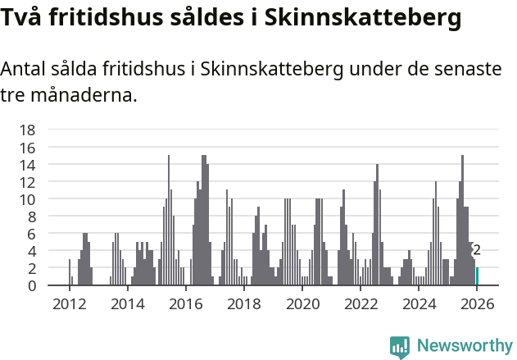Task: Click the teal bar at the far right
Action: [477, 276]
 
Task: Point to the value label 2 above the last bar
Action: [477, 251]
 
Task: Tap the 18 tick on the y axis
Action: [27, 130]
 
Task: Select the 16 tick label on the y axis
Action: [27, 148]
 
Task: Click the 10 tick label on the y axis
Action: [27, 199]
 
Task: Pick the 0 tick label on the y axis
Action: [31, 285]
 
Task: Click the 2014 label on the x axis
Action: [127, 303]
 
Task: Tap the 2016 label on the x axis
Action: [185, 303]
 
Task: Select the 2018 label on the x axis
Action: [243, 303]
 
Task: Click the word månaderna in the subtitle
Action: [82, 96]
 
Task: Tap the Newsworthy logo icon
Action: [400, 346]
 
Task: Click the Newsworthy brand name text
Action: [465, 346]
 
